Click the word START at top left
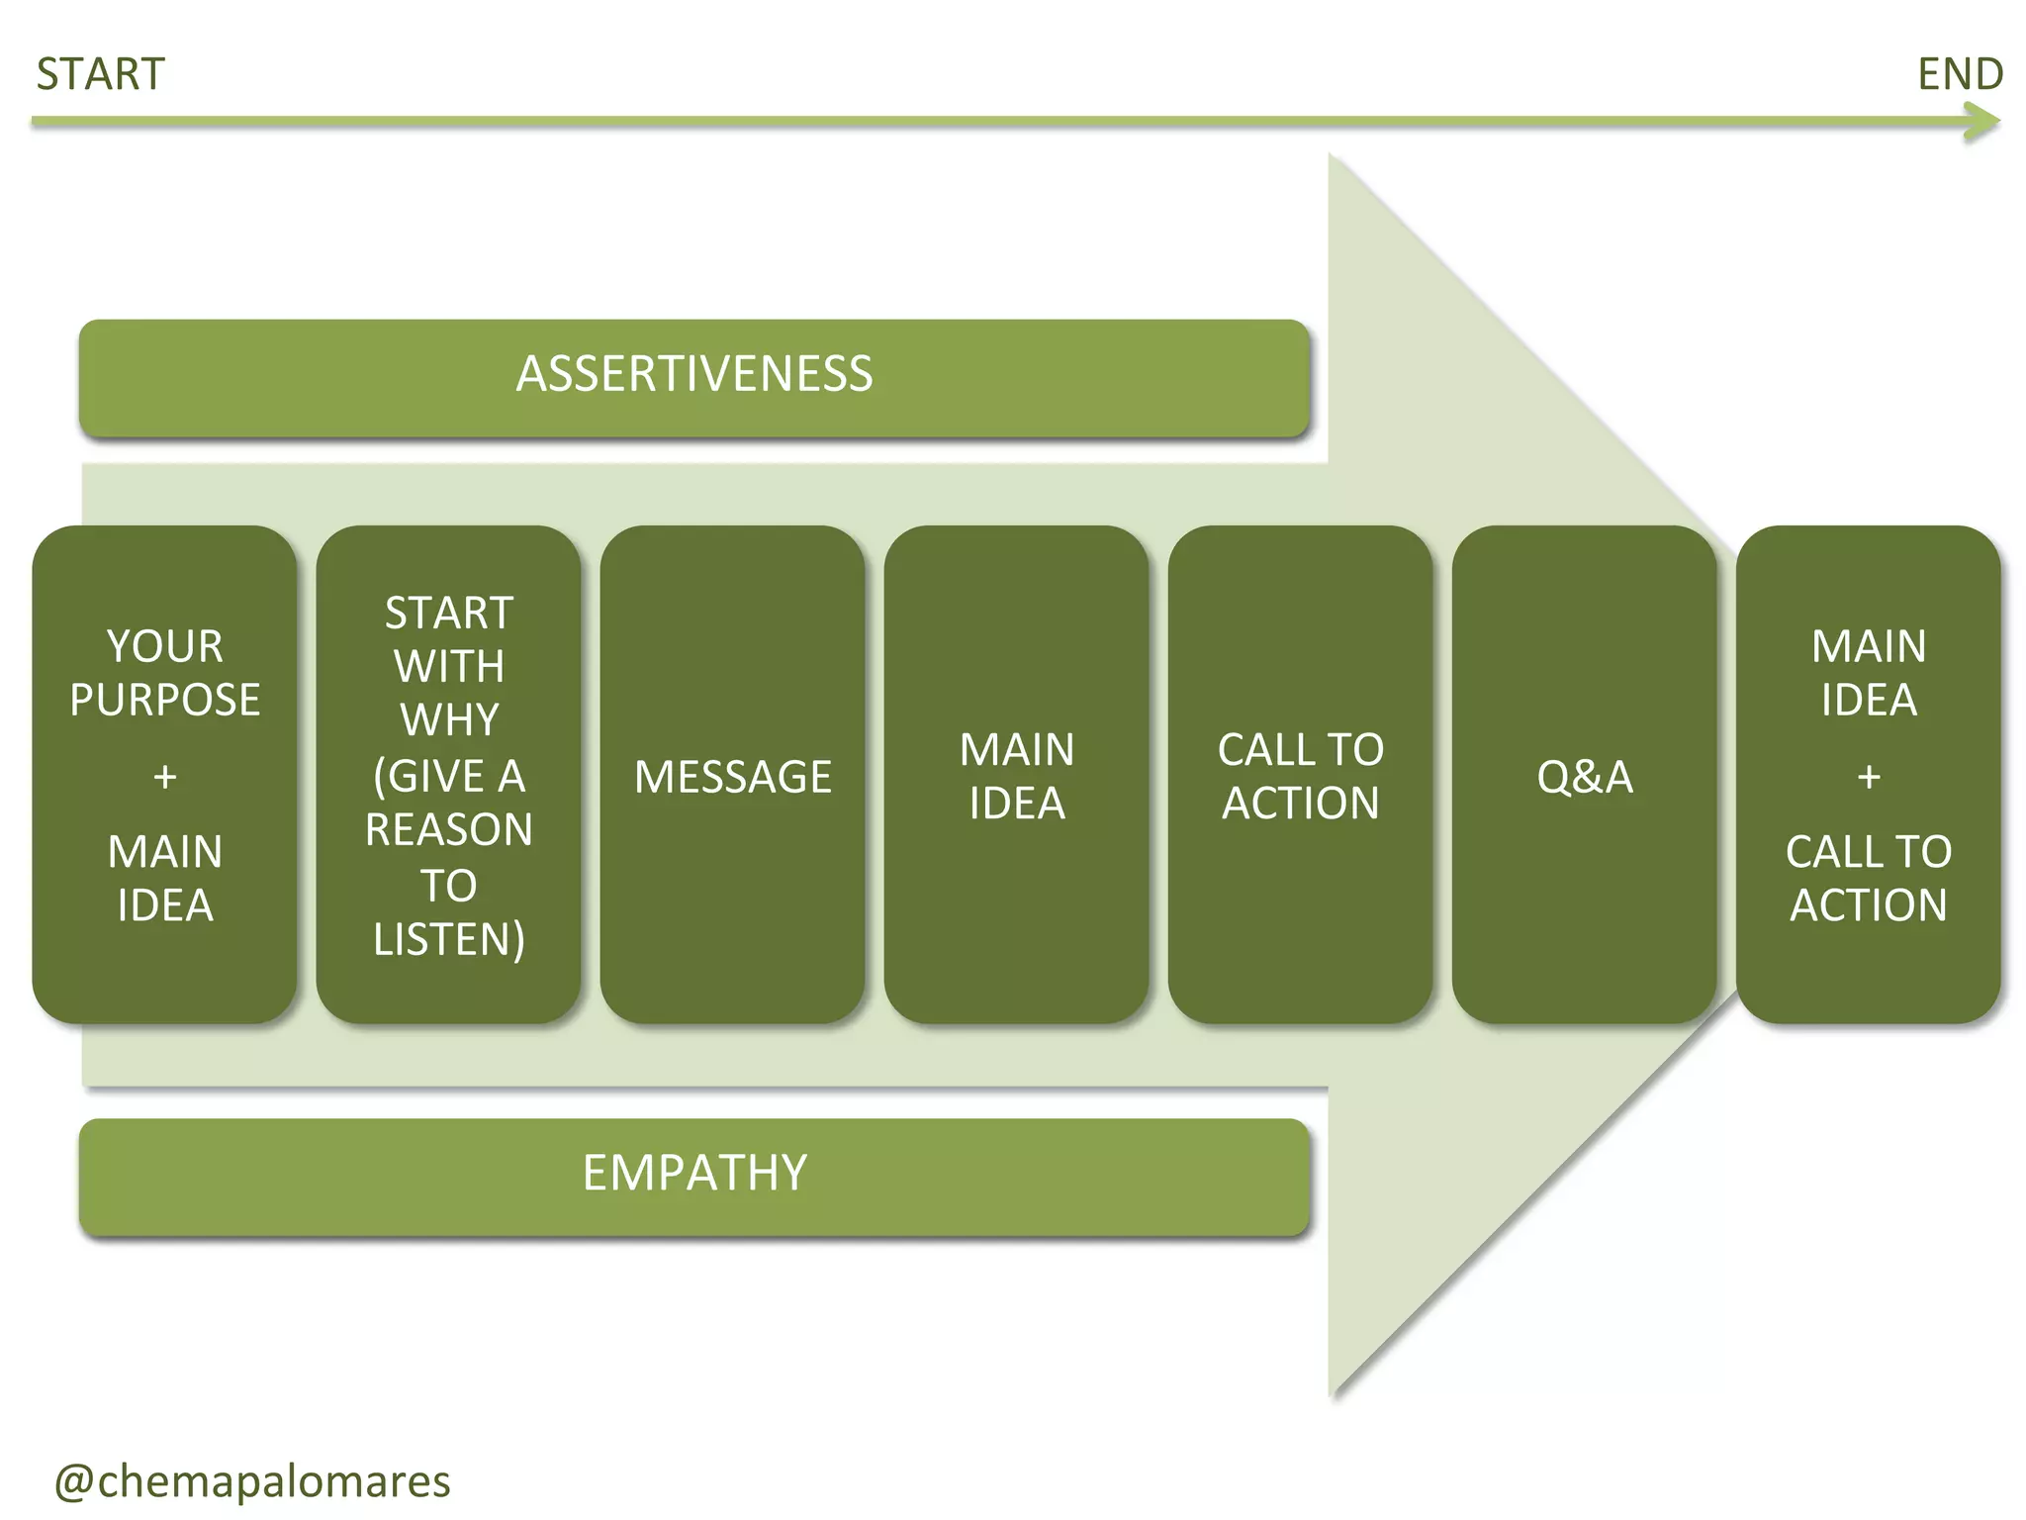tap(100, 75)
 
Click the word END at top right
tap(1960, 75)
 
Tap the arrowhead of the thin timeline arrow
tap(1983, 123)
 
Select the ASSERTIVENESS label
tap(694, 375)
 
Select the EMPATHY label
tap(694, 1174)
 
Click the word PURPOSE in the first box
tap(165, 701)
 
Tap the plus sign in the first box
tap(165, 777)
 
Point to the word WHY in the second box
tap(449, 720)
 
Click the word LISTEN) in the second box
tap(449, 939)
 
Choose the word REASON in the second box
tap(449, 830)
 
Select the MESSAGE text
tap(732, 777)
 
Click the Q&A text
tap(1584, 777)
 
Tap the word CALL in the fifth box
tap(1255, 750)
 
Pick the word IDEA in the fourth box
tap(1016, 804)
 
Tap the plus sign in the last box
tap(1869, 777)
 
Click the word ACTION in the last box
tap(1869, 905)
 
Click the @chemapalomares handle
tap(252, 1481)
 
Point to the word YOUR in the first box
tap(165, 647)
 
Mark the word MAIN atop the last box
tap(1869, 647)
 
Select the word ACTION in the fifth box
tap(1300, 804)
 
